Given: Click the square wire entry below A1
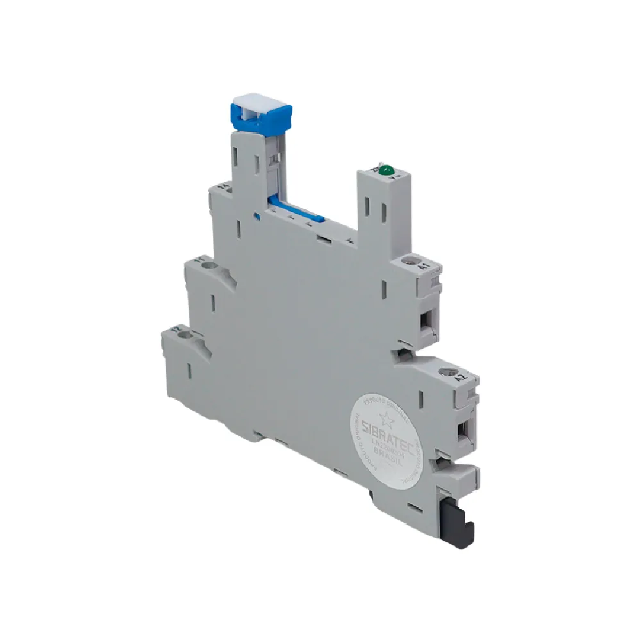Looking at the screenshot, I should pyautogui.click(x=428, y=320).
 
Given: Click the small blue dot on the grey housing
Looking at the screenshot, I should pyautogui.click(x=257, y=216).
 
